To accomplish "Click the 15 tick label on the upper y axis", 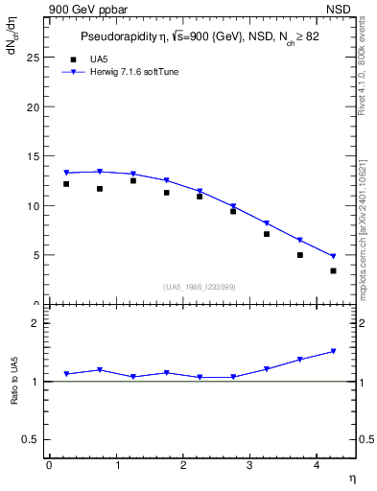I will click(x=33, y=156).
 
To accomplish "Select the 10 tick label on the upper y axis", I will click(x=33, y=205).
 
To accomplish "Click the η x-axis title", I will click(x=351, y=478).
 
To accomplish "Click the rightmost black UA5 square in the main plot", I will click(x=333, y=270).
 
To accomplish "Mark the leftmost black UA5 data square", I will click(x=66, y=184).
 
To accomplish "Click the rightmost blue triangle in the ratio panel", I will click(x=333, y=351).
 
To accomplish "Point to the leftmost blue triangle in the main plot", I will click(x=66, y=173).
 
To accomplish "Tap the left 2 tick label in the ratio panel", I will click(x=35, y=323).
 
